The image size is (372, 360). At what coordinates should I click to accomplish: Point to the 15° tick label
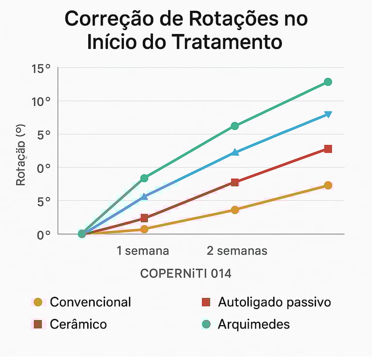click(x=41, y=69)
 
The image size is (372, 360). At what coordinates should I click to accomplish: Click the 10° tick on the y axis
click(x=41, y=102)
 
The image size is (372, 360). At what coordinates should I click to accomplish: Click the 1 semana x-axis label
click(x=143, y=251)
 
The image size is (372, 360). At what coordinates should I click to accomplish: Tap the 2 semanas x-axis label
click(x=237, y=251)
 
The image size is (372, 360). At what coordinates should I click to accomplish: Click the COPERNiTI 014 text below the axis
click(x=186, y=274)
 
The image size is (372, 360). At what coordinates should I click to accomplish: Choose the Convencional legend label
click(x=90, y=302)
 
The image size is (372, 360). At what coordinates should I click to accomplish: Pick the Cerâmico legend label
click(x=78, y=324)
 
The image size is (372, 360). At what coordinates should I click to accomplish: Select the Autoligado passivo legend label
click(x=274, y=302)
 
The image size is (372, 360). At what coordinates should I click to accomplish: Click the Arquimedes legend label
click(x=253, y=324)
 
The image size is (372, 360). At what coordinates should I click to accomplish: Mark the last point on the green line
click(x=328, y=82)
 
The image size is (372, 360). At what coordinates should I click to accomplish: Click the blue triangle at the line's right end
click(x=328, y=114)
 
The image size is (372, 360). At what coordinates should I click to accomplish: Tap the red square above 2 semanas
click(x=235, y=182)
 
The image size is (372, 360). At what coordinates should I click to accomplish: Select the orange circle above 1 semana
click(x=144, y=229)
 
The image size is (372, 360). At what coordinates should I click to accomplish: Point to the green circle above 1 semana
click(x=144, y=178)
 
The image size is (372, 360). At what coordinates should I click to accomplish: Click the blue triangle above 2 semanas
click(x=235, y=152)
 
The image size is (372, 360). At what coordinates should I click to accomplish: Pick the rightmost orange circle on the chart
click(x=328, y=185)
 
